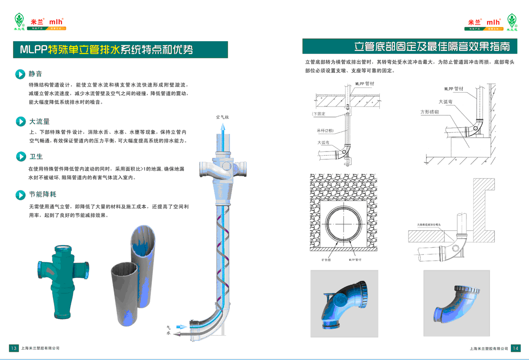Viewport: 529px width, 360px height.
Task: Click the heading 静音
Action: (35, 74)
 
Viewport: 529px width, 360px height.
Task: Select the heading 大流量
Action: (39, 122)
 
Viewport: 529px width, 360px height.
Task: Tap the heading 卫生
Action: (36, 157)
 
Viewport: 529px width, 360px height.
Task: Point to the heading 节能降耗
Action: (42, 195)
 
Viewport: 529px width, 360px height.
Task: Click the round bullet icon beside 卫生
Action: (20, 157)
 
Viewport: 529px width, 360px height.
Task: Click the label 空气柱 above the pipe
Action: (223, 117)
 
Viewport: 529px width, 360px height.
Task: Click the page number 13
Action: (13, 348)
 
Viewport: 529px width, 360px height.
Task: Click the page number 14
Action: (516, 348)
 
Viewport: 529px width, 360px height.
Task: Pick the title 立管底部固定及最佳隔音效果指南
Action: (432, 47)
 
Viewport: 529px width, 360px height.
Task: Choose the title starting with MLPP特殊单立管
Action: (107, 50)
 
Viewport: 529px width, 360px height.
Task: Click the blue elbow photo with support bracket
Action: (344, 304)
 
